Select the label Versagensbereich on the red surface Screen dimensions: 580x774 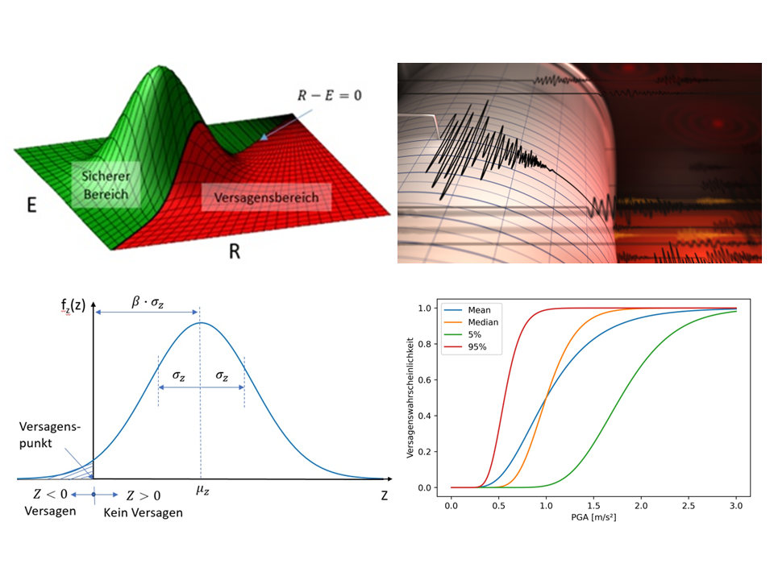coord(266,197)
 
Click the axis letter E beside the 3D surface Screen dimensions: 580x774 coord(31,205)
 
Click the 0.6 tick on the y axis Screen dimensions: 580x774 coord(435,379)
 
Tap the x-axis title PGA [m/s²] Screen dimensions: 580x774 coord(593,516)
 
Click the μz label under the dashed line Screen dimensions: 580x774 coord(201,489)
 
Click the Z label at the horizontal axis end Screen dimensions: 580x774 coord(385,495)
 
